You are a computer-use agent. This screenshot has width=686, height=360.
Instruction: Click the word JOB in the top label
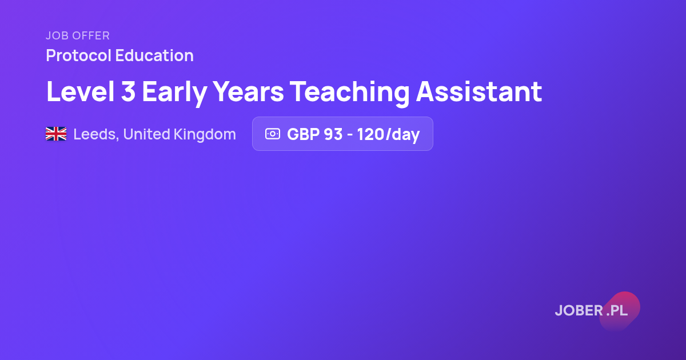coord(57,35)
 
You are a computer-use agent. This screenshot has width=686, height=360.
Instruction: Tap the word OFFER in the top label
coord(91,35)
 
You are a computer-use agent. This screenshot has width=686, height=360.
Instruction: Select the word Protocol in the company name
coord(78,55)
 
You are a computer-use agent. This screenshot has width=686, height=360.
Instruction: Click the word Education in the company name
coord(154,55)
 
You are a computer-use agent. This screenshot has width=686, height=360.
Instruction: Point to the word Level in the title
coord(80,91)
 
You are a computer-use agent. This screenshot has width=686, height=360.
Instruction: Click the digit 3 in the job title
coord(128,91)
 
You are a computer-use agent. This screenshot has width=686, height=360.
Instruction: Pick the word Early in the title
coord(174,93)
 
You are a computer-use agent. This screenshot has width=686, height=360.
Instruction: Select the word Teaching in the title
coord(349,93)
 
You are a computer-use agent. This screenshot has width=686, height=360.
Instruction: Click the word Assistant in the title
coord(479,91)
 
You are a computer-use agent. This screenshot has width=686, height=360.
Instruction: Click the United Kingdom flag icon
coord(56,134)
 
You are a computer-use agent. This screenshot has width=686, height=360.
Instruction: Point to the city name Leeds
coord(96,134)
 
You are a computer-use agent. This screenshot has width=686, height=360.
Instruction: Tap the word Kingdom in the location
coord(205,135)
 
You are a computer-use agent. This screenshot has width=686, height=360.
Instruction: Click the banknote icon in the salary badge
coord(273,134)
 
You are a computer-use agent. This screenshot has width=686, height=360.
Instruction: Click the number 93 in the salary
coord(333,134)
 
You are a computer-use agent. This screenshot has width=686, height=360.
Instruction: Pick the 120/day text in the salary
coord(388,135)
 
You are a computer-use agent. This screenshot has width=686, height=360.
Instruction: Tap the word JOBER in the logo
coord(579,310)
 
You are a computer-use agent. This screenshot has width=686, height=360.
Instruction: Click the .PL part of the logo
coord(617,310)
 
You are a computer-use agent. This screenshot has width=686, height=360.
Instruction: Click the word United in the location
coord(146,134)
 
